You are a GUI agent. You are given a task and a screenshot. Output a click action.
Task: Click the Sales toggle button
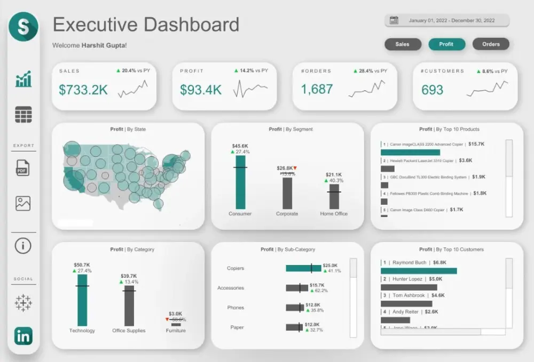point(402,44)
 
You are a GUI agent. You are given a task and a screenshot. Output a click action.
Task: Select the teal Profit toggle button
point(446,44)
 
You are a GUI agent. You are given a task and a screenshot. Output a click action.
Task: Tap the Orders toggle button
point(491,44)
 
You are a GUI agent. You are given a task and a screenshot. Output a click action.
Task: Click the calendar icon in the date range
point(394,21)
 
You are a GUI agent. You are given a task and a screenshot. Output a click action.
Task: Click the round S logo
point(23,27)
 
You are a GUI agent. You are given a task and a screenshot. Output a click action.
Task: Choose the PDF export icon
point(23,168)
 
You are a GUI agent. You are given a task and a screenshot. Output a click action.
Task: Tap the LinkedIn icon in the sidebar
point(23,336)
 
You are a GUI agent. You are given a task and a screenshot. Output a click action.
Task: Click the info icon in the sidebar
point(23,246)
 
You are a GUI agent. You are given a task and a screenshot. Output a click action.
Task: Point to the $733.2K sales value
point(83,90)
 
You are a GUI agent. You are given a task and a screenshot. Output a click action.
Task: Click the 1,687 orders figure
point(317,89)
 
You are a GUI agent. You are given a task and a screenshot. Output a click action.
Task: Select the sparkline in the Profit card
point(250,89)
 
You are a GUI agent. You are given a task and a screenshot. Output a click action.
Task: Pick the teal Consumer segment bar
point(240,182)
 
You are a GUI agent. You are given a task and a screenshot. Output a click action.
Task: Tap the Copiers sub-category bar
point(303,268)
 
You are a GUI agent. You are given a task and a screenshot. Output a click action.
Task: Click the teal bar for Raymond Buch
point(419,271)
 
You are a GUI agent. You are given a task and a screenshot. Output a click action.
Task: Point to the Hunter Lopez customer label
point(410,279)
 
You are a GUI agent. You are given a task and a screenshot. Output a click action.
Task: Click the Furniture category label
point(176,331)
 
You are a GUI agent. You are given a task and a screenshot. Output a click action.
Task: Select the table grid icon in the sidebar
point(23,115)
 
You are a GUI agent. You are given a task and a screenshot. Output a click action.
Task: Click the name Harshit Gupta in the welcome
point(104,46)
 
